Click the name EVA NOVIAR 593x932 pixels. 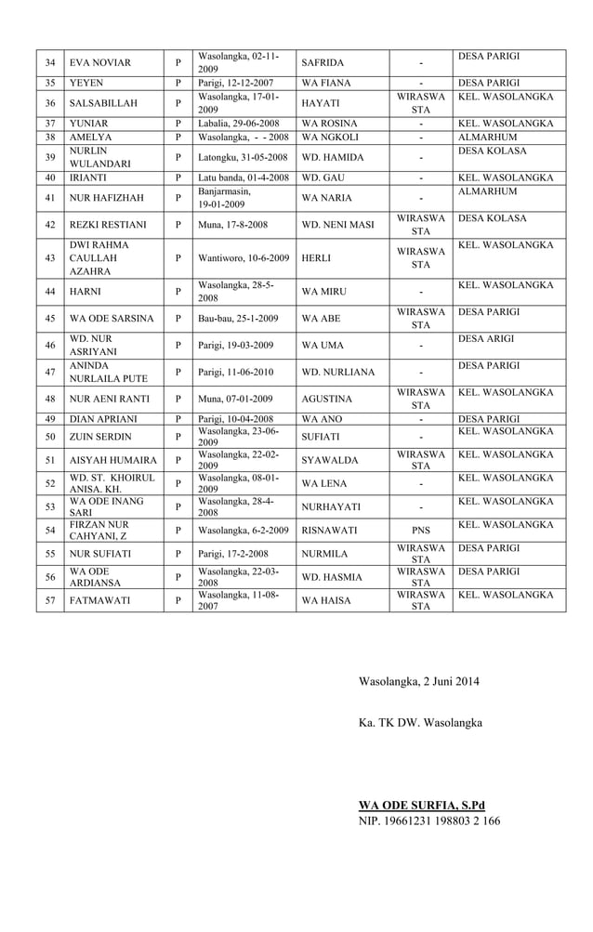point(100,63)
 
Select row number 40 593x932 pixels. point(50,177)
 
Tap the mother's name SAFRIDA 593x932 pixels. point(323,63)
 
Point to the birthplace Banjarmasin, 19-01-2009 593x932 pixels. point(225,197)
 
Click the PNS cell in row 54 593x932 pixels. point(421,531)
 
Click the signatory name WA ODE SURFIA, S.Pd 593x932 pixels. point(422,805)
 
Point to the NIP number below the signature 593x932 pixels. point(429,821)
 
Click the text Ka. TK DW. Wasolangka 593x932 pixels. point(421,722)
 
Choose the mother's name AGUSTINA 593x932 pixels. point(327,399)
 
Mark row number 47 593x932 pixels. point(50,372)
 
